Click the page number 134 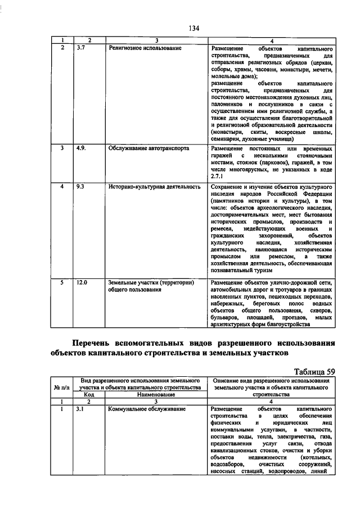195,28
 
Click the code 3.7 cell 81,48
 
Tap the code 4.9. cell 82,148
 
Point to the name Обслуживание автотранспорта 148,148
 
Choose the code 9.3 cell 81,185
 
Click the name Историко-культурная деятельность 154,185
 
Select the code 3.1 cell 81,408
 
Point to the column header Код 89,394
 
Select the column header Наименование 155,394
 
